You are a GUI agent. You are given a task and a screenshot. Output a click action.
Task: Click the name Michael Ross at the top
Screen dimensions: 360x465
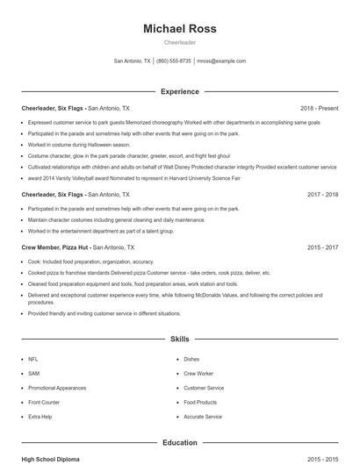179,29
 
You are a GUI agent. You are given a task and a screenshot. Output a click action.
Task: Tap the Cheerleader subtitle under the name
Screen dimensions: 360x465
179,42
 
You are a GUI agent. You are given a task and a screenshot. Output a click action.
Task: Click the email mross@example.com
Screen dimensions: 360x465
220,61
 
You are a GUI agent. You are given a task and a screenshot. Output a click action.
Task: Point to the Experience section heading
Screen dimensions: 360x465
179,91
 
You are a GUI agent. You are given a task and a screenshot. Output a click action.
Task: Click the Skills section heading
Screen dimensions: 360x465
179,338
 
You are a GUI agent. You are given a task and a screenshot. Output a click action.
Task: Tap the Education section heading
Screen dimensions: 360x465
179,443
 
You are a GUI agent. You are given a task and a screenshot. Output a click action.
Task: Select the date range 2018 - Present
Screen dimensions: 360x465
319,108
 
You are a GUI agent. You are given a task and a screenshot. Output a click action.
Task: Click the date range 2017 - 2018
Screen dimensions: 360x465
322,194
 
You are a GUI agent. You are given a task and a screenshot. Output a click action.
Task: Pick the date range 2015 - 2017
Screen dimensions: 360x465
322,248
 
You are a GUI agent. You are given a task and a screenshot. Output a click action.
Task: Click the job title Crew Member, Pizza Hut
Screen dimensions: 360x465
54,248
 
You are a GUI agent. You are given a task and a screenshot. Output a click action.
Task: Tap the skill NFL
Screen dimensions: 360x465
32,359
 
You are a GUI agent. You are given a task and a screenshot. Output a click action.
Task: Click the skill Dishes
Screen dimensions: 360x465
191,359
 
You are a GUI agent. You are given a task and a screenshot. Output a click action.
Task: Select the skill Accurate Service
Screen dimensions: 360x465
203,417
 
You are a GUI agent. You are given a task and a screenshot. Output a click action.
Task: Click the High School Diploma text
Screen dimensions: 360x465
50,459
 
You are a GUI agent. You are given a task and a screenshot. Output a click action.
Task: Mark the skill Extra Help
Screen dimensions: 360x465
40,417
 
